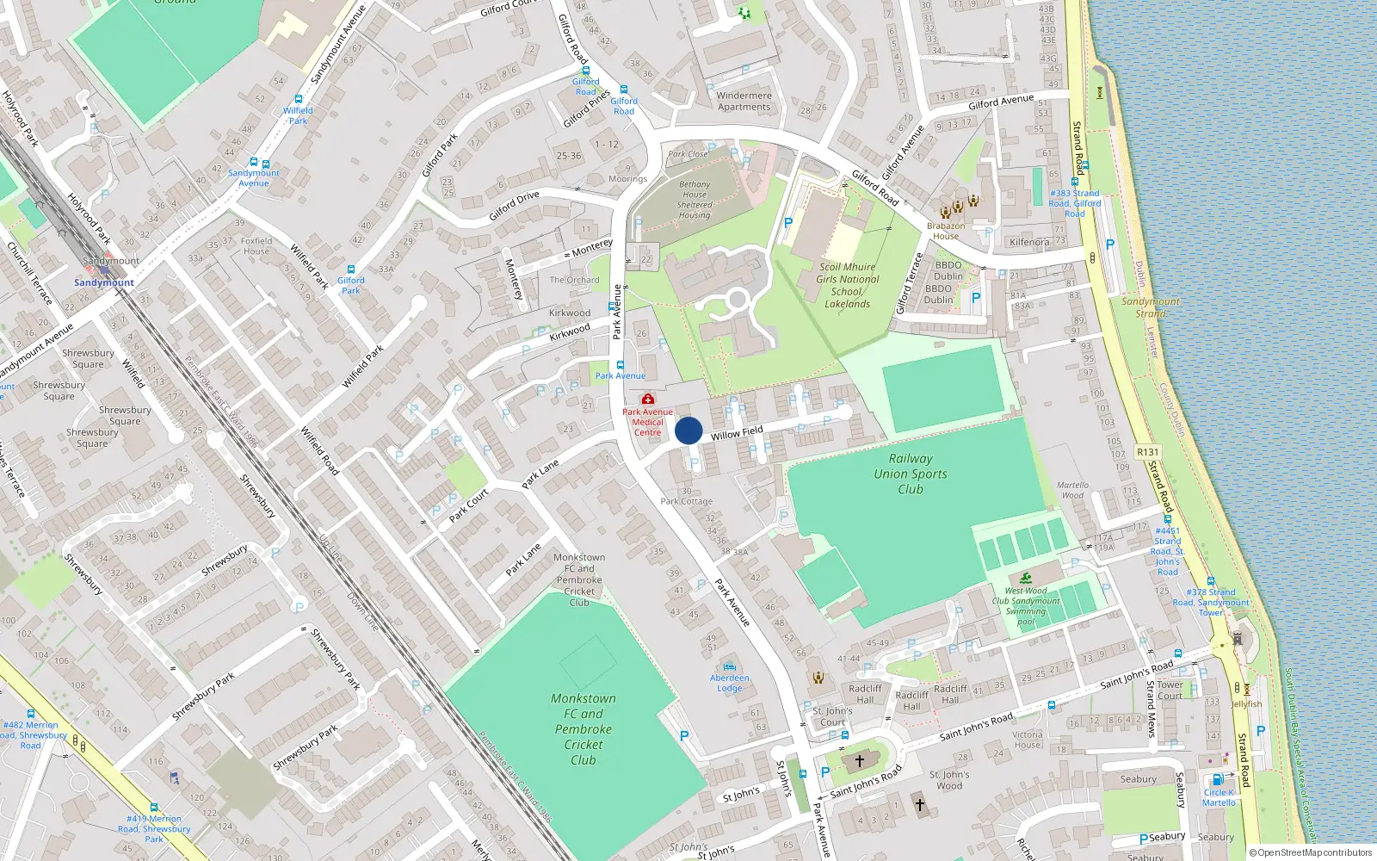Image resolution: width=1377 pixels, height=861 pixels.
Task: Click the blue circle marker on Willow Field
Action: click(x=688, y=430)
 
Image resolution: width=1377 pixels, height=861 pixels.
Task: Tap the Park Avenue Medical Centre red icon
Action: click(x=648, y=399)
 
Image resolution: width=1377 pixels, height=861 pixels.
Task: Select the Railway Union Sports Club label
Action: click(x=911, y=474)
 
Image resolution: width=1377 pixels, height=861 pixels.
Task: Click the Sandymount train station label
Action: click(x=104, y=282)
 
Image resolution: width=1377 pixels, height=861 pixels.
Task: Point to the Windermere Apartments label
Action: click(x=744, y=102)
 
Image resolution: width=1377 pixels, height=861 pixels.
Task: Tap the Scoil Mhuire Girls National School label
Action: click(x=848, y=285)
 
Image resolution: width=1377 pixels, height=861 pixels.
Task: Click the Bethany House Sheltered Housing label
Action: click(x=695, y=200)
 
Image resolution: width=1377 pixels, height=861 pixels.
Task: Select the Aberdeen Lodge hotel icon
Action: click(x=730, y=666)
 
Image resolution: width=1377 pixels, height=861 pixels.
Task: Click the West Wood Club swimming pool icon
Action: click(x=1026, y=578)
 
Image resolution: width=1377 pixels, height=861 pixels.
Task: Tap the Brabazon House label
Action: click(x=946, y=231)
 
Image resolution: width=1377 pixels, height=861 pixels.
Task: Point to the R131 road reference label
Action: click(x=1147, y=452)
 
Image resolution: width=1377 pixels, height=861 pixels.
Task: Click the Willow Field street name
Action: click(x=737, y=433)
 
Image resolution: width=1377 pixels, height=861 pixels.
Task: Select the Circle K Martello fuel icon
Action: click(x=1217, y=780)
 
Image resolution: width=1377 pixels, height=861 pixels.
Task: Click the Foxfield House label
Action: click(x=256, y=246)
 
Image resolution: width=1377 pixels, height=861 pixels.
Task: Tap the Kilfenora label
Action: click(x=1029, y=242)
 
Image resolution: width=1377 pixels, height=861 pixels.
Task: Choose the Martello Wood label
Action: click(x=1072, y=490)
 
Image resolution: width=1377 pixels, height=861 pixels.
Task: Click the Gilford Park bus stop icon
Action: click(x=351, y=269)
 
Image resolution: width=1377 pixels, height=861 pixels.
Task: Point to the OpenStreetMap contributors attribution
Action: click(x=1310, y=853)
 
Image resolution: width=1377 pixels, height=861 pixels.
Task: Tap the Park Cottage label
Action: click(x=687, y=501)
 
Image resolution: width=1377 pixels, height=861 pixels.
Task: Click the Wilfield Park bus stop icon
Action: click(x=299, y=100)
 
